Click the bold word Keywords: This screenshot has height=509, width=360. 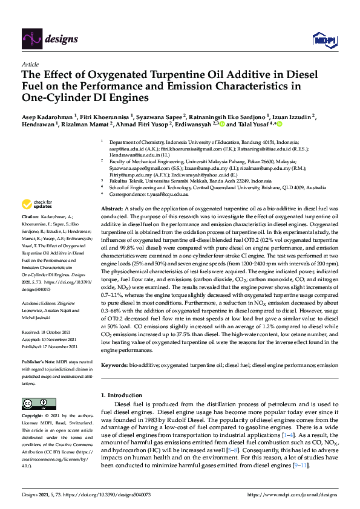click(x=116, y=366)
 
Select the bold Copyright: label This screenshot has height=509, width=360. click(x=33, y=417)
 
